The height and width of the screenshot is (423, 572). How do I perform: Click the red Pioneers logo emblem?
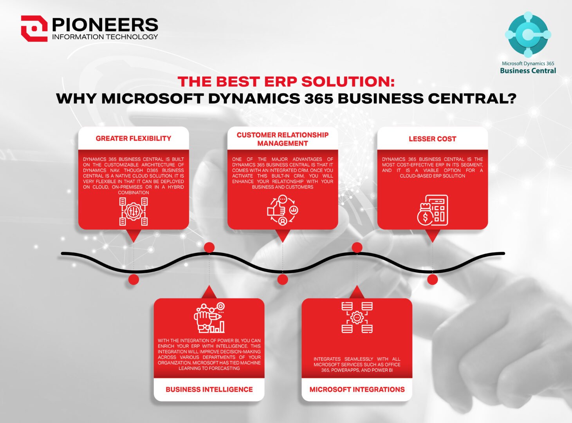34,28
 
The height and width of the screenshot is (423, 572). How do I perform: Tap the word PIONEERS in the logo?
105,25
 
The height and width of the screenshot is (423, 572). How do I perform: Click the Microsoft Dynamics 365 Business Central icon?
528,34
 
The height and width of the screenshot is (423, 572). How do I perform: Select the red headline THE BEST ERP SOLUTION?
286,81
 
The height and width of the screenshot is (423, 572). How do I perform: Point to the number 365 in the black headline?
316,98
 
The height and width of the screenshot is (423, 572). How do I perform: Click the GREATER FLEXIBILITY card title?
134,138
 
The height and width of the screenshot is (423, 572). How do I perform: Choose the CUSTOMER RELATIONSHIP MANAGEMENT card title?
283,139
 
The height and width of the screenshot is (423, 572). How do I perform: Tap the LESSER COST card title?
432,139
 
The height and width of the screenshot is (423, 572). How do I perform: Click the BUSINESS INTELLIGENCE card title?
209,389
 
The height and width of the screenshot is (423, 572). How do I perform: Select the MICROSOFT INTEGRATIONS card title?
357,389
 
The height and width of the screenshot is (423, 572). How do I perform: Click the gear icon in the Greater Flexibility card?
134,211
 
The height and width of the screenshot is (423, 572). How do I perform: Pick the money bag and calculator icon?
432,210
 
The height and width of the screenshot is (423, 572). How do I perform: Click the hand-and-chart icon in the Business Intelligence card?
209,318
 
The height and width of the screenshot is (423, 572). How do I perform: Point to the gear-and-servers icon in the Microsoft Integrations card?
357,317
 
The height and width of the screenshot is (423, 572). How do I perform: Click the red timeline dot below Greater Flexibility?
134,279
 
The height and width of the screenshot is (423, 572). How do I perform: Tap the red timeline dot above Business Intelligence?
209,247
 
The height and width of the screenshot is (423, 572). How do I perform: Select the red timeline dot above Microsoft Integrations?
357,247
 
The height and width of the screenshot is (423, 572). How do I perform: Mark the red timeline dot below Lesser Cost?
432,279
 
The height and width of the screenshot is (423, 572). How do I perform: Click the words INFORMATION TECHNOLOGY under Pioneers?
105,37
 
